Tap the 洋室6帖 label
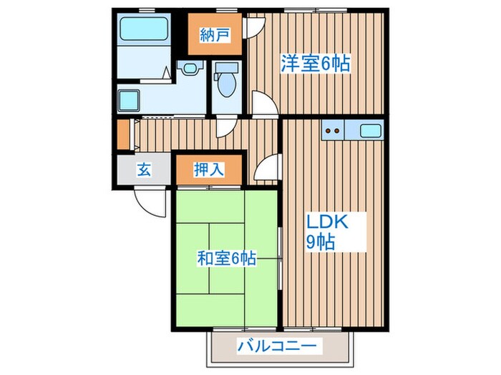[315, 64]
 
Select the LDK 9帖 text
[328, 230]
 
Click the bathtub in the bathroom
[144, 30]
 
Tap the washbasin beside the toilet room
[189, 69]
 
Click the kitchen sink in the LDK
[371, 131]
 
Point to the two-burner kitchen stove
[331, 131]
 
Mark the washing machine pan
[130, 100]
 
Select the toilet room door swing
[225, 126]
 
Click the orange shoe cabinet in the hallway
[124, 134]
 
